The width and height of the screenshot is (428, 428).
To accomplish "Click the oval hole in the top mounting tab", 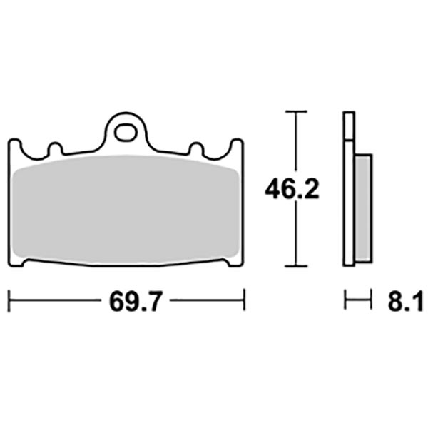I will click(x=127, y=133).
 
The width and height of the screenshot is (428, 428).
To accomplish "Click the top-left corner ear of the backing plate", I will click(x=15, y=146).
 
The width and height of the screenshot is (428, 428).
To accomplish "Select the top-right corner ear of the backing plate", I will click(x=238, y=146).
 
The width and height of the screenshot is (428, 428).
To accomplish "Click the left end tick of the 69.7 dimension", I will click(x=9, y=300).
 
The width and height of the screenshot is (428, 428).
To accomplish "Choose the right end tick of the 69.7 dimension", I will click(x=245, y=300).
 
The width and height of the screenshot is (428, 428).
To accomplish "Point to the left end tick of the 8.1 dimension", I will click(x=345, y=300).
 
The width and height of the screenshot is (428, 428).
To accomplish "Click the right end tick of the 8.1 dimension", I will click(x=372, y=300).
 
